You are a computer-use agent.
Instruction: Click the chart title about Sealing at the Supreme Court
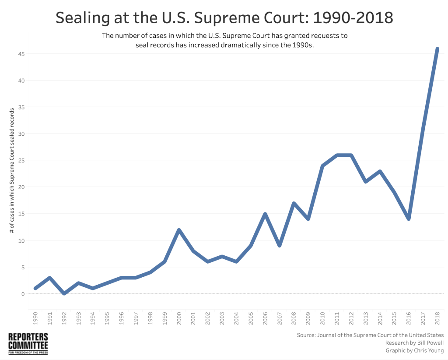click(x=224, y=18)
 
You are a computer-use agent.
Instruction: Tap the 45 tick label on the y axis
click(x=21, y=54)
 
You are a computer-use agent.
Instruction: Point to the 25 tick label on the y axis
click(x=21, y=160)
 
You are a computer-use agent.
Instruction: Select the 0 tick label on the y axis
click(x=22, y=294)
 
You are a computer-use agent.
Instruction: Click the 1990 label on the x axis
click(x=35, y=318)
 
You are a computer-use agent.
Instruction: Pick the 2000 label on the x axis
click(x=179, y=318)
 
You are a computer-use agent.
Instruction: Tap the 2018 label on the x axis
click(x=437, y=318)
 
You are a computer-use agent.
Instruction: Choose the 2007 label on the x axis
click(x=279, y=318)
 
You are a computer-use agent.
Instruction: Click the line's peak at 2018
click(x=437, y=49)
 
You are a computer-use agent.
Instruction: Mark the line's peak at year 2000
click(x=179, y=230)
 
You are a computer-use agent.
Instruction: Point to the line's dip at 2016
click(x=409, y=219)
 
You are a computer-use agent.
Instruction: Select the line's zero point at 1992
click(x=64, y=293)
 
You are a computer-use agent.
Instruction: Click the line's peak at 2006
click(x=265, y=214)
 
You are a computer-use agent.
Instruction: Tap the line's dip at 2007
click(x=279, y=246)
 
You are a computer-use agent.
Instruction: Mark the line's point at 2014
click(x=380, y=171)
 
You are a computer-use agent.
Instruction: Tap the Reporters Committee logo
click(x=28, y=343)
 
